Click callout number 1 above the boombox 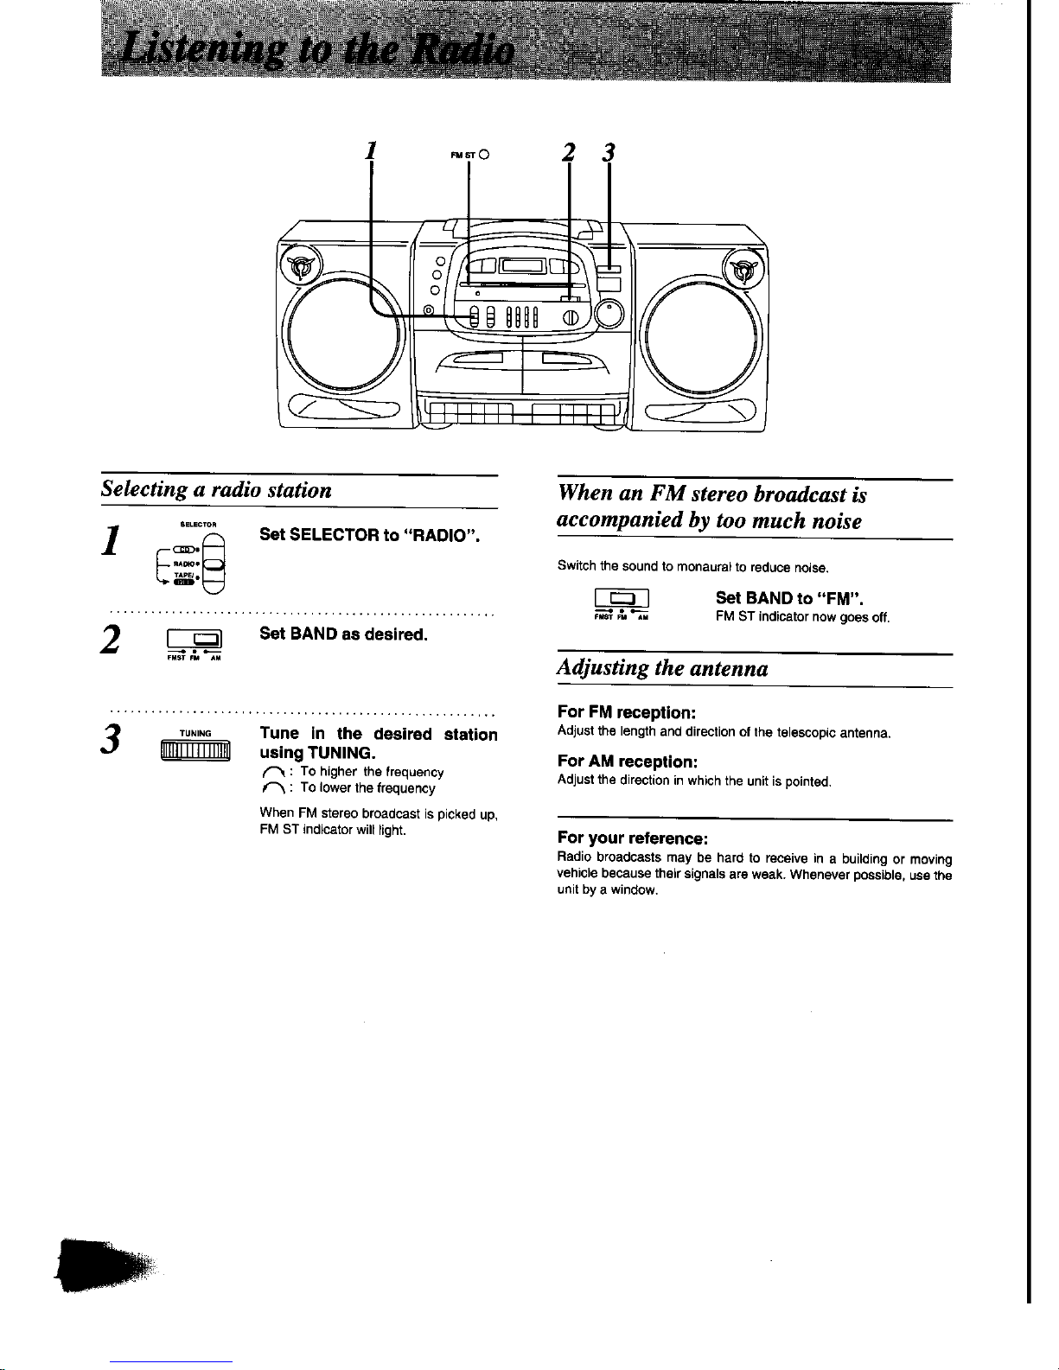click(x=369, y=150)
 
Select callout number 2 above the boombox click(x=568, y=153)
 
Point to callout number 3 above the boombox click(x=609, y=153)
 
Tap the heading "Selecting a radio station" click(x=216, y=490)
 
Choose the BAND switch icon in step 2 click(x=195, y=641)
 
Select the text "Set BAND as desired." click(x=343, y=634)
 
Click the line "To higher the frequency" click(x=372, y=772)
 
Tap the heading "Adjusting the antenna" click(x=663, y=668)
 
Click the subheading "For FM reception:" click(x=627, y=712)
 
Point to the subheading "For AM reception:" click(x=627, y=761)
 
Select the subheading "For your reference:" click(x=633, y=838)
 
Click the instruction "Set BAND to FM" click(x=790, y=597)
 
